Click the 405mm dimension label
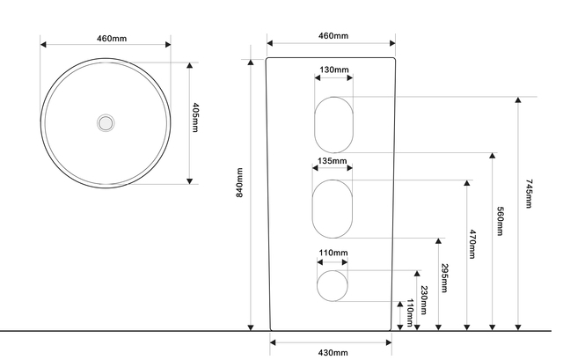coord(195,117)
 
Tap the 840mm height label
coord(239,182)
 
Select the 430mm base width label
coord(333,353)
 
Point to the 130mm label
coord(333,70)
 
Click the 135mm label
coord(333,160)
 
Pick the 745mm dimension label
coord(529,194)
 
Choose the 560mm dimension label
coord(500,221)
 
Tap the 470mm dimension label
coord(472,245)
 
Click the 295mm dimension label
coord(444,278)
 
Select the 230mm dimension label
coord(424,300)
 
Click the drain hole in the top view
coord(106,123)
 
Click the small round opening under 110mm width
coord(333,286)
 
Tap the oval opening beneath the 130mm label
coord(333,125)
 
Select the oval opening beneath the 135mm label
coord(333,209)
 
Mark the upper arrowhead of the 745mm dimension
coord(518,99)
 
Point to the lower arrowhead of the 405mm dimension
coord(190,181)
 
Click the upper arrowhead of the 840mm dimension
coord(251,62)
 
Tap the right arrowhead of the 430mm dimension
coord(389,342)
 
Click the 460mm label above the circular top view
coord(112,38)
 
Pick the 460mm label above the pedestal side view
coord(333,35)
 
